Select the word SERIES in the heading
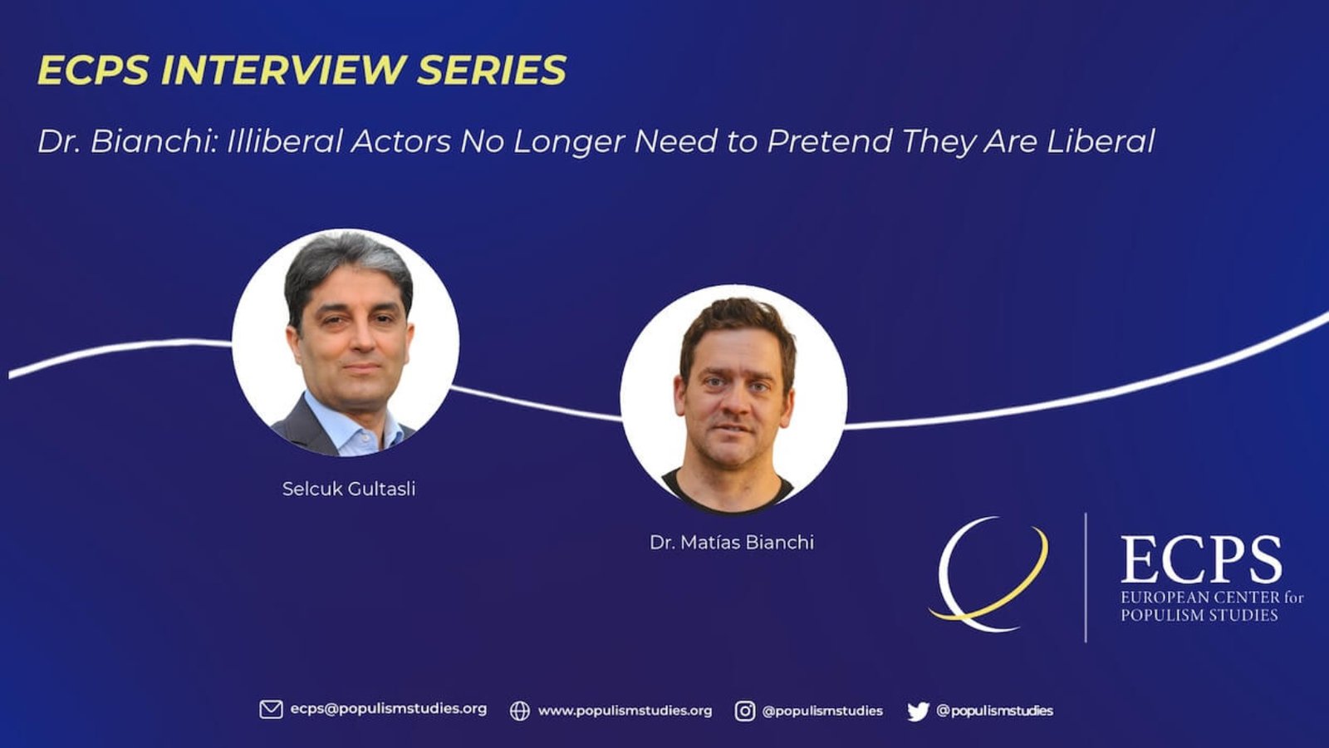[x=492, y=70]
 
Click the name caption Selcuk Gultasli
[x=349, y=489]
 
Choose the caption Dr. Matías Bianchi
[x=732, y=542]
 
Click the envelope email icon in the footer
[x=271, y=710]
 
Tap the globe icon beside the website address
[x=520, y=711]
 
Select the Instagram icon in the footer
[x=745, y=711]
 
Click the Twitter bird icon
[x=918, y=711]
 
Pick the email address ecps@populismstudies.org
[x=388, y=710]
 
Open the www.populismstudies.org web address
[x=625, y=711]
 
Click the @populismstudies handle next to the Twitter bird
[x=994, y=711]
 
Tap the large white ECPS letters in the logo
[x=1201, y=559]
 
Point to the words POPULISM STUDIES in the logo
[x=1199, y=615]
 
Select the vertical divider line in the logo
[x=1086, y=578]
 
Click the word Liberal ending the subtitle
[x=1101, y=141]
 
